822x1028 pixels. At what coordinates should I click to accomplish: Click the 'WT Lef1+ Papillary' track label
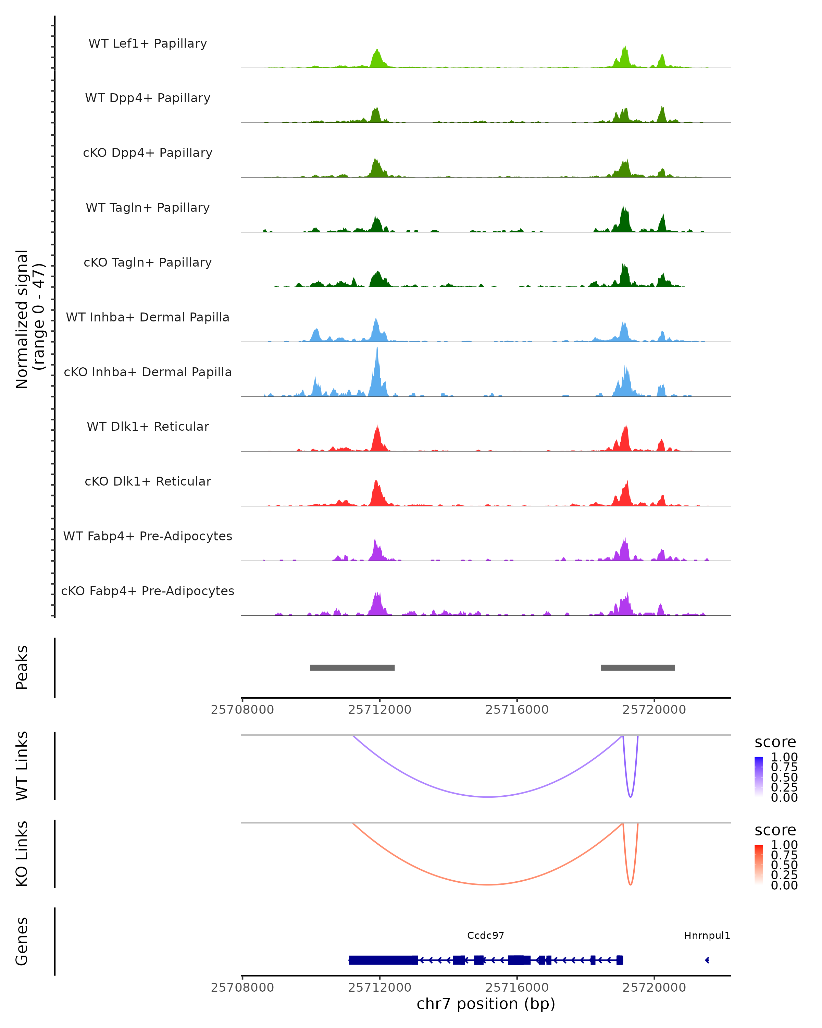(148, 44)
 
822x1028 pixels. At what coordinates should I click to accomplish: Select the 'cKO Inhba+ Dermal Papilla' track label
(148, 372)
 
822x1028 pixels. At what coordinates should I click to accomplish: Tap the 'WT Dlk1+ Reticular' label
(148, 427)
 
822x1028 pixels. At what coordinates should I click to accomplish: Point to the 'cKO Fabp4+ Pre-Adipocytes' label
(148, 591)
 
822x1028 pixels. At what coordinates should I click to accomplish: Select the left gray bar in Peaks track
(352, 668)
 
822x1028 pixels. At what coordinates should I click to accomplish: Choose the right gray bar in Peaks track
(638, 668)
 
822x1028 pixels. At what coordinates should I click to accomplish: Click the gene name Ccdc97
(486, 935)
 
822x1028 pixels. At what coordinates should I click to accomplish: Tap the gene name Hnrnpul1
(707, 935)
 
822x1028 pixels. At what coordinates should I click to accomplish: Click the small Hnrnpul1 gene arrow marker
(707, 960)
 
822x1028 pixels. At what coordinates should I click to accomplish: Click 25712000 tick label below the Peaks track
(380, 710)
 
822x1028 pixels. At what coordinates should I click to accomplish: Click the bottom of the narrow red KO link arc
(631, 884)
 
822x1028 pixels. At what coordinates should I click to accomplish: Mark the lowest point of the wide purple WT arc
(487, 797)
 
